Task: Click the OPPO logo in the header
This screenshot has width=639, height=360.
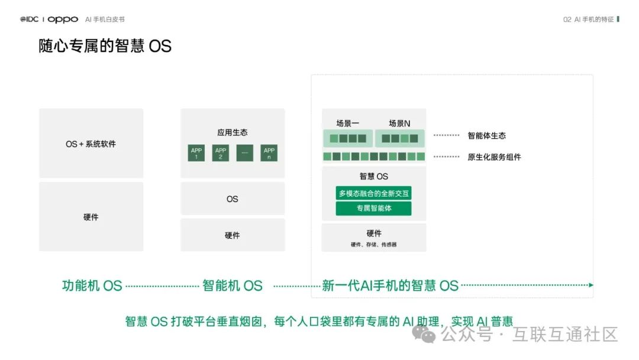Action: pyautogui.click(x=63, y=20)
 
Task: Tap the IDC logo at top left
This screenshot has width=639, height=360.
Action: pyautogui.click(x=29, y=20)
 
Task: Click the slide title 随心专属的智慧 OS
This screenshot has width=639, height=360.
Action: pyautogui.click(x=105, y=46)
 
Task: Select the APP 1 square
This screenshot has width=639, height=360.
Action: pyautogui.click(x=196, y=153)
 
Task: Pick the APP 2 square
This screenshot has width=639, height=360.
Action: pyautogui.click(x=221, y=153)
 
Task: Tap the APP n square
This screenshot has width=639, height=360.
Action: pyautogui.click(x=269, y=153)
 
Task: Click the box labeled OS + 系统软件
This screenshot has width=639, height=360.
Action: pyautogui.click(x=91, y=144)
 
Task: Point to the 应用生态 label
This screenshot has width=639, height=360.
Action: pyautogui.click(x=233, y=133)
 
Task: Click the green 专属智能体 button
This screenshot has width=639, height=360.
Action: pyautogui.click(x=374, y=208)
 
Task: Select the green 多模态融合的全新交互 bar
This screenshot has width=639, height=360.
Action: pyautogui.click(x=374, y=194)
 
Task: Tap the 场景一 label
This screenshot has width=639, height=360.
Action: pyautogui.click(x=348, y=124)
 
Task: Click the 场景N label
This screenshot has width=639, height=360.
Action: pyautogui.click(x=399, y=124)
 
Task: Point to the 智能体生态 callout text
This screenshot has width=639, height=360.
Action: pyautogui.click(x=487, y=136)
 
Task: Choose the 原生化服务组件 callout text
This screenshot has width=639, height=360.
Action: pyautogui.click(x=494, y=157)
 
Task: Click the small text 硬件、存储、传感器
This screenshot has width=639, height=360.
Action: pyautogui.click(x=374, y=244)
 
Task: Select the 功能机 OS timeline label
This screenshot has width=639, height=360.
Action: pyautogui.click(x=92, y=285)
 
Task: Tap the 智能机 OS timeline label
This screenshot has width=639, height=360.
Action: pyautogui.click(x=233, y=285)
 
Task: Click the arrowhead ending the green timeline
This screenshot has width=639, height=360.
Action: pyautogui.click(x=590, y=285)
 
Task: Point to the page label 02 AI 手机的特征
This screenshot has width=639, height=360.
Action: pyautogui.click(x=588, y=20)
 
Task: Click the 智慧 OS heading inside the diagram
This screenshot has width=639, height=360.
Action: pyautogui.click(x=374, y=176)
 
